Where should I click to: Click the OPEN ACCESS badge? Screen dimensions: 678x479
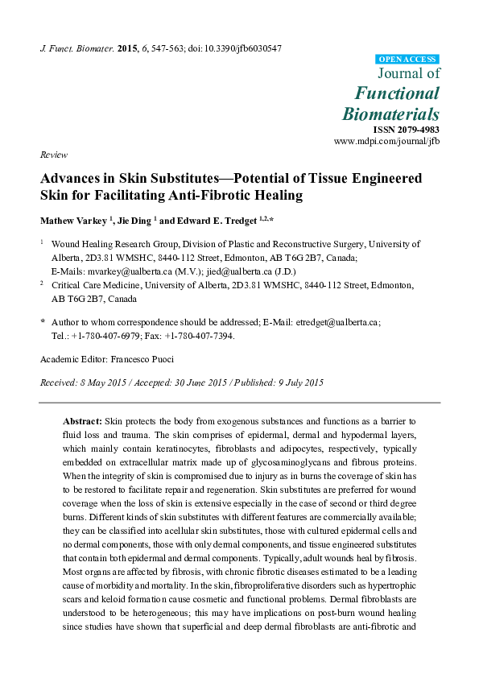coord(407,59)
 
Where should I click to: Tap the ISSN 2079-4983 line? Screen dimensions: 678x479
coord(407,130)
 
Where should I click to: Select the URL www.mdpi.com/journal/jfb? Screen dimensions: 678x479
coord(386,141)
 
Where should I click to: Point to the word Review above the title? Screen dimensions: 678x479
coord(53,155)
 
